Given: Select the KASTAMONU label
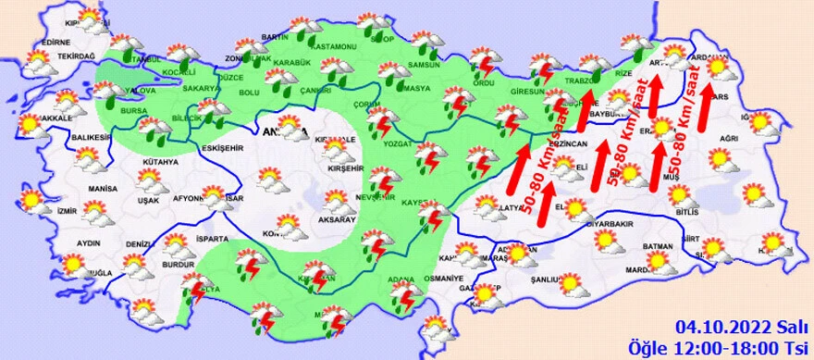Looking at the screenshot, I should coord(334,46).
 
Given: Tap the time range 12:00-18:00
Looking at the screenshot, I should coord(739,345).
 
